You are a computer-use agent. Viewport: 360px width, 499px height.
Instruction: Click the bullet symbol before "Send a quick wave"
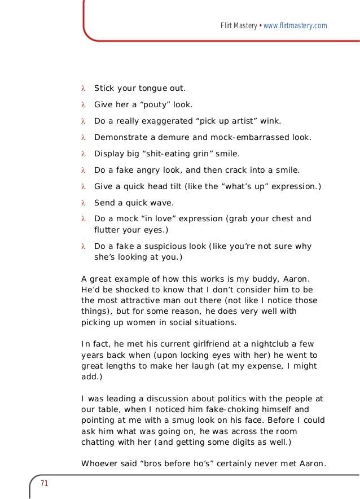[83, 203]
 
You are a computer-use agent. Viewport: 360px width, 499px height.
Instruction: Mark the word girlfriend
[182, 344]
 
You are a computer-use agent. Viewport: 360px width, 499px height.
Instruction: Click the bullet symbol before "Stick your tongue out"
[83, 89]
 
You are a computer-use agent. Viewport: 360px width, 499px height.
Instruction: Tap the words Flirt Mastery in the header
[238, 26]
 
